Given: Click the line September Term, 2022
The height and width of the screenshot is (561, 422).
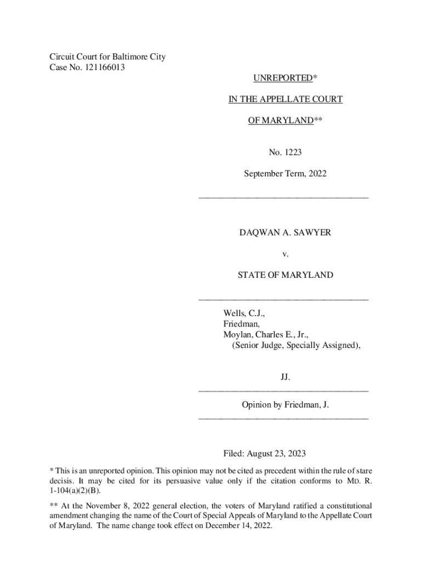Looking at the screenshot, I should point(285,174).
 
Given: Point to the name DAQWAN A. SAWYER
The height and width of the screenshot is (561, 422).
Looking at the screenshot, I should point(285,233).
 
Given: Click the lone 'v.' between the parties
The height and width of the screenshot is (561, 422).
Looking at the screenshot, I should point(285,254).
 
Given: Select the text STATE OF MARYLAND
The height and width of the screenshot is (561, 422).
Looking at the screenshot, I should point(285,275).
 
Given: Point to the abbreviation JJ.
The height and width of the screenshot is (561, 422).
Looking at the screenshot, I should point(285,377).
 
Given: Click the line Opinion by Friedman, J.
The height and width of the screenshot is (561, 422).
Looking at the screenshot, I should point(285,405).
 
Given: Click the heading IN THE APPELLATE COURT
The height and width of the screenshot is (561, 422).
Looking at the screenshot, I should point(286,99).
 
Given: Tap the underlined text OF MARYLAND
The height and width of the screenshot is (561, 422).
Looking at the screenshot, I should point(280,121).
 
